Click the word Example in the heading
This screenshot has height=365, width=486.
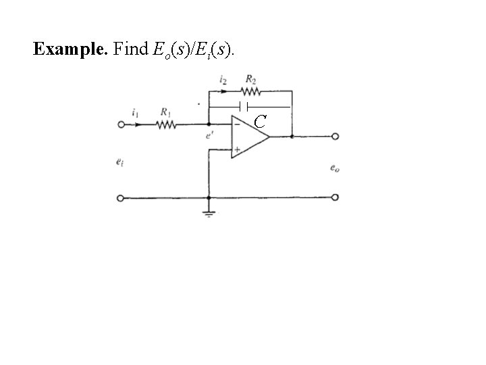65,49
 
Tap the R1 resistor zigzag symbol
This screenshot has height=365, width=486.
166,124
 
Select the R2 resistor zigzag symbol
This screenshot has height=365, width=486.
250,91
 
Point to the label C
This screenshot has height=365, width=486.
261,122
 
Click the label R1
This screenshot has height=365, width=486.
165,112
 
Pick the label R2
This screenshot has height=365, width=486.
251,79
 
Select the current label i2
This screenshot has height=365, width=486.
223,80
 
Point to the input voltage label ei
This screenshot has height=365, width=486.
119,162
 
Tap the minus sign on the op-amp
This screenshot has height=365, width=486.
237,125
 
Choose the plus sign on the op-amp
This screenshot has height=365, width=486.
237,149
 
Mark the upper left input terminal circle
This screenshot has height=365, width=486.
121,125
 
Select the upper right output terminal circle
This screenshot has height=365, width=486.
335,137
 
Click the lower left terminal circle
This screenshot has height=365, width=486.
121,198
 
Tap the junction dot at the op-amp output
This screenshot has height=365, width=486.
291,137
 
